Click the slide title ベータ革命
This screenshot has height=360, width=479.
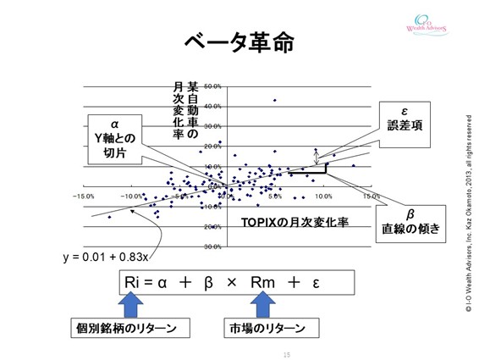click(239, 44)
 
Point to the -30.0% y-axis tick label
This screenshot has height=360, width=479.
click(212, 247)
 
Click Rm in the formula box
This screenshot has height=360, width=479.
click(263, 282)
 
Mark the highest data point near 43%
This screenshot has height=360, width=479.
click(274, 100)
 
